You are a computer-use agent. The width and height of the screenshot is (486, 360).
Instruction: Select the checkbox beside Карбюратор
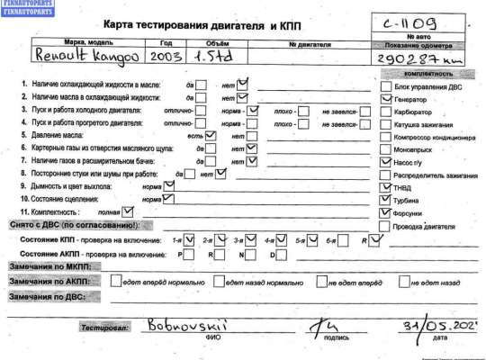point(387,115)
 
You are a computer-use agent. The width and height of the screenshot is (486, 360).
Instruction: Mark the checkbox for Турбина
point(387,201)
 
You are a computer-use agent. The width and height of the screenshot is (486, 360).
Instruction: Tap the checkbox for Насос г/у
point(387,158)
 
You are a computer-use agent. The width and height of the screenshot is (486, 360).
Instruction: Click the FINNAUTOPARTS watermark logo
point(27,6)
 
